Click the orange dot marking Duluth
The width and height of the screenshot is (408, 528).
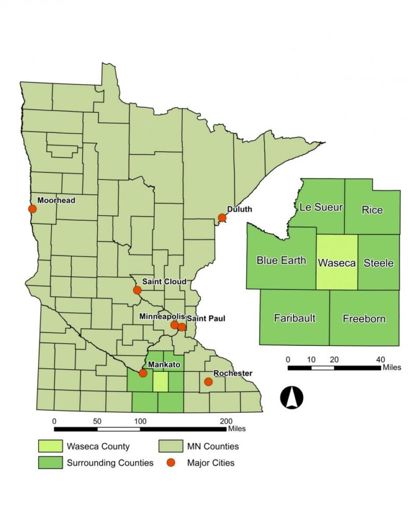click(222, 218)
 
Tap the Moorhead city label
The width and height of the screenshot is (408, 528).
click(56, 200)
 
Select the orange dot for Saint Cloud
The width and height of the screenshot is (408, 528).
click(137, 290)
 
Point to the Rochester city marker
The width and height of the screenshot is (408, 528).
click(208, 381)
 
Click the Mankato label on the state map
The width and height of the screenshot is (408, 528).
click(164, 365)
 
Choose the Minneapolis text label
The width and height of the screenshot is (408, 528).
click(161, 316)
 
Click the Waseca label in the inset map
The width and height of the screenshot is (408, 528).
click(337, 262)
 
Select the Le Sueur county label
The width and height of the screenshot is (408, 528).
click(321, 207)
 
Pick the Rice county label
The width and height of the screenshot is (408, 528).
click(372, 210)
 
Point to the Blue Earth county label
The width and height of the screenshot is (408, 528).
click(281, 260)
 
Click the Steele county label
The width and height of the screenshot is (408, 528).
click(378, 262)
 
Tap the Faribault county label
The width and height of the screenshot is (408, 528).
click(294, 318)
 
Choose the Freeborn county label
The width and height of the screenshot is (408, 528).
click(364, 319)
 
